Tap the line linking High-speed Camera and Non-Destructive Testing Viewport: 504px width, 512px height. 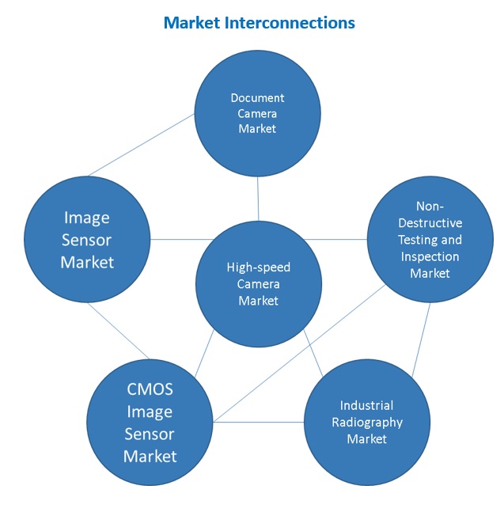click(336, 239)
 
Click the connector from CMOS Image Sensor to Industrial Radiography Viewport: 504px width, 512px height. click(259, 422)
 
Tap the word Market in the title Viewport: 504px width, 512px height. click(189, 23)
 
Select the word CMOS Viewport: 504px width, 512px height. click(150, 390)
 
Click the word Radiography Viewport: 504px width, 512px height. click(366, 422)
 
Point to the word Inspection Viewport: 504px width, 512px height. click(430, 256)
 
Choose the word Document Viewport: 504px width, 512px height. click(257, 98)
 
